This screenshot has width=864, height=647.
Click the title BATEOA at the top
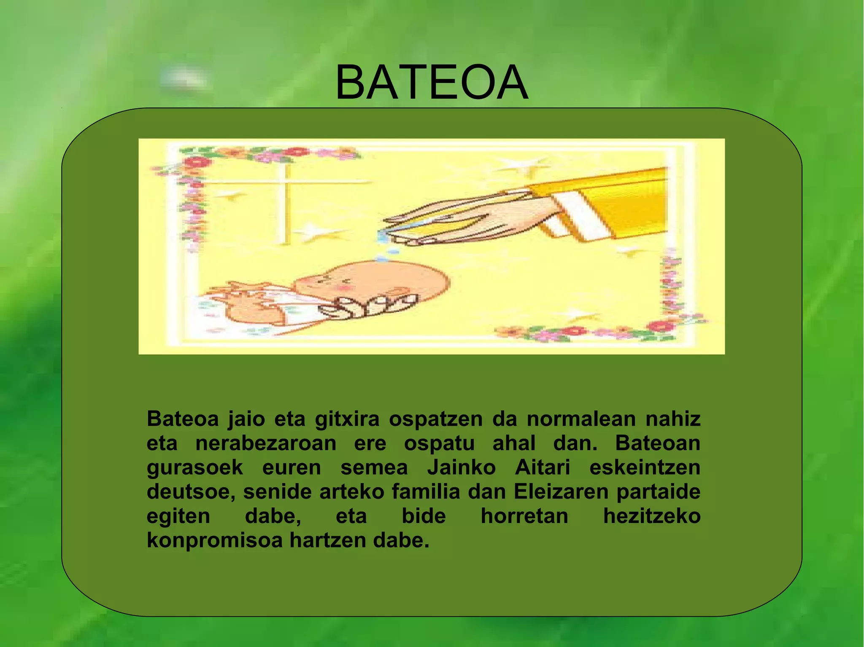431,83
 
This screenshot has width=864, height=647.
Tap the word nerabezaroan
266,443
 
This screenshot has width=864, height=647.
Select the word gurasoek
195,468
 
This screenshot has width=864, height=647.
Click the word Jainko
461,468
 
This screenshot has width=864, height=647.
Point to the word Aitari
542,468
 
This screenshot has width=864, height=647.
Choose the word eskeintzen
645,468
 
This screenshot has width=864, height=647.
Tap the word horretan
524,516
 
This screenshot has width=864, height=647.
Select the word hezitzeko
652,516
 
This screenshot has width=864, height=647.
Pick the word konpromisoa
214,541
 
